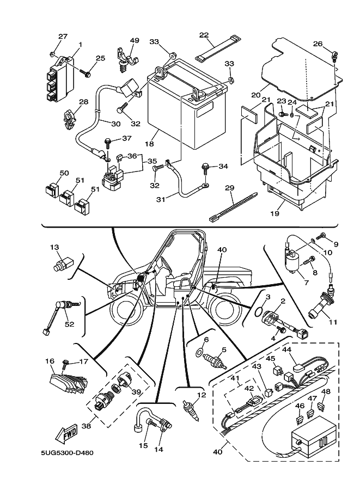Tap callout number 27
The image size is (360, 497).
[63, 36]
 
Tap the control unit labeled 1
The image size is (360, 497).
[60, 80]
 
